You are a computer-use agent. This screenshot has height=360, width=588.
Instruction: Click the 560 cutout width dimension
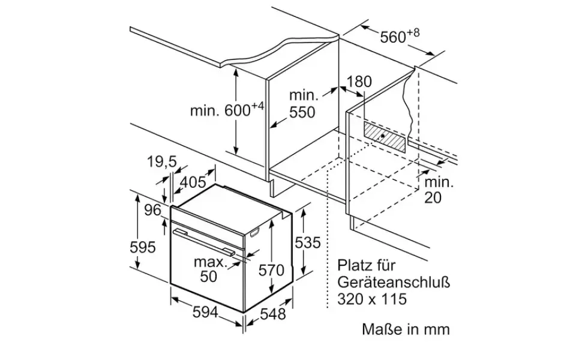pos(400,36)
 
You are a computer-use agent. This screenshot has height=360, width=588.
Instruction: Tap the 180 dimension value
pos(359,82)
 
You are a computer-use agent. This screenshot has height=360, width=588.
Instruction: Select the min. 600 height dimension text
pos(227,109)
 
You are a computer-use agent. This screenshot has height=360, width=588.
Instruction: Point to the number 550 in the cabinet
pos(302,112)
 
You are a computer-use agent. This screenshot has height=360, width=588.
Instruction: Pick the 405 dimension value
pos(193,182)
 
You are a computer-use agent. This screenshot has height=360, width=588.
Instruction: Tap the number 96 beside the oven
pos(152,211)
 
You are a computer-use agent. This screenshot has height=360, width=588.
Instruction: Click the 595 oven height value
pos(143,247)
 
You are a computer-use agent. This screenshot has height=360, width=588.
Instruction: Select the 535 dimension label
pos(308,242)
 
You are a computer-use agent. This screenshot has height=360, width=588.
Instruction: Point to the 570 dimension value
pos(271,270)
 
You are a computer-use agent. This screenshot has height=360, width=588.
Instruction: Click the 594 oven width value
pos(205,311)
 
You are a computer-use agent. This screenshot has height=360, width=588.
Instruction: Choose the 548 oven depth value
pos(273,314)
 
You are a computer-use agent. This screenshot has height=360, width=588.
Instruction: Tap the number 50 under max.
pos(209,277)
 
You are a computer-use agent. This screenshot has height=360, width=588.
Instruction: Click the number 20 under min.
pos(433,197)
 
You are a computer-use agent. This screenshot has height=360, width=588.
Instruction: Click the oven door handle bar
pos(203,242)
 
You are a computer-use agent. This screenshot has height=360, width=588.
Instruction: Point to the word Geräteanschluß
pos(394,282)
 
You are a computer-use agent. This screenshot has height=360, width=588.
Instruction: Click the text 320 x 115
pos(372,299)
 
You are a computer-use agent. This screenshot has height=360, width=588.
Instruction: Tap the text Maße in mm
pos(406,329)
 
